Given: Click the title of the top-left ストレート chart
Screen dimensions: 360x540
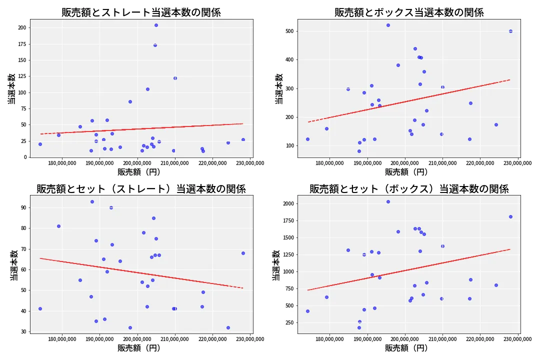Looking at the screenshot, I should click(x=141, y=12).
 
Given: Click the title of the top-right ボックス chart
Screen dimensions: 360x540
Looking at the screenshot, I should click(x=409, y=12).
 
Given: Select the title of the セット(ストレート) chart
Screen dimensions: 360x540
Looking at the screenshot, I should click(x=141, y=189).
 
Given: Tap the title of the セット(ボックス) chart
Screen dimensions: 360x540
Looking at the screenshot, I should click(x=409, y=189).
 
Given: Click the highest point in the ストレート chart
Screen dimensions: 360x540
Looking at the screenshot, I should click(x=156, y=25).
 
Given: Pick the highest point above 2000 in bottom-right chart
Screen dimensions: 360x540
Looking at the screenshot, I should click(x=388, y=201).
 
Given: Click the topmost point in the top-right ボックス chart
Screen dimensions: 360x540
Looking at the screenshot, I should click(x=388, y=25).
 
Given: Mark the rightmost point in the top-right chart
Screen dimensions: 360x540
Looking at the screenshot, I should click(x=510, y=31).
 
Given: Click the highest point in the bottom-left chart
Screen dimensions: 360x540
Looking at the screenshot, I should click(x=92, y=201).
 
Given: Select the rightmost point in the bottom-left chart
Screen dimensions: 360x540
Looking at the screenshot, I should click(x=243, y=253).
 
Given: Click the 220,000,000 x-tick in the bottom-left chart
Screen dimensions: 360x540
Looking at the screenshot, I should click(x=212, y=339).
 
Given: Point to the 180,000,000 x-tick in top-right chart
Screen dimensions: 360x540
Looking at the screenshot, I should click(x=329, y=162).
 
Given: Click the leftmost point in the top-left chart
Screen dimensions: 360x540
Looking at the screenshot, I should click(x=40, y=144).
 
